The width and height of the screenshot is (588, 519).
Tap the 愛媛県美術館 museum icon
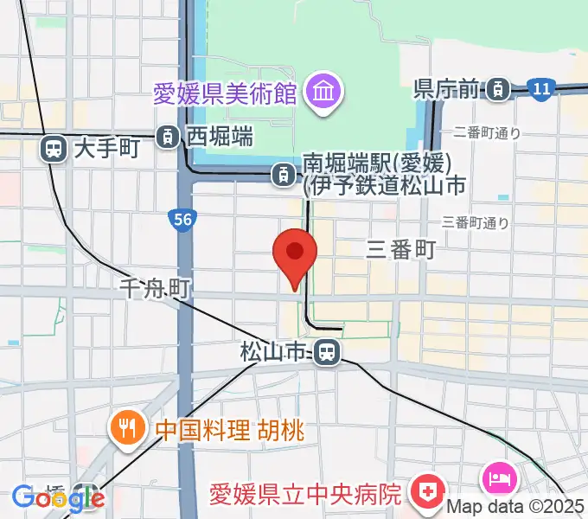tap(327, 90)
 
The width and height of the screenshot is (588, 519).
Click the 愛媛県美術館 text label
tap(225, 92)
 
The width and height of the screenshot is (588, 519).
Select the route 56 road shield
tap(182, 221)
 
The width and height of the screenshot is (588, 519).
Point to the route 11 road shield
tap(541, 88)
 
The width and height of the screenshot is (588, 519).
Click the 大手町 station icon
tap(54, 150)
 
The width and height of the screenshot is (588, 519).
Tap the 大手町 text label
tap(106, 149)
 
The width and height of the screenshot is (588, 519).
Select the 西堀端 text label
tap(220, 136)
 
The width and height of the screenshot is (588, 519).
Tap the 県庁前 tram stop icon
tap(497, 87)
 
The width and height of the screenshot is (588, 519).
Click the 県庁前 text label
tap(446, 88)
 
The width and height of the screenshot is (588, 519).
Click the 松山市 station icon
tap(326, 352)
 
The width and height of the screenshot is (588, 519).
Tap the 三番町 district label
tap(400, 250)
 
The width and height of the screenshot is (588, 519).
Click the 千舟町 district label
tap(155, 286)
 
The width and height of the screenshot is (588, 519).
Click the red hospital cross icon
tap(425, 493)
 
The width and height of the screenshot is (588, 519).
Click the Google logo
tap(58, 498)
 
